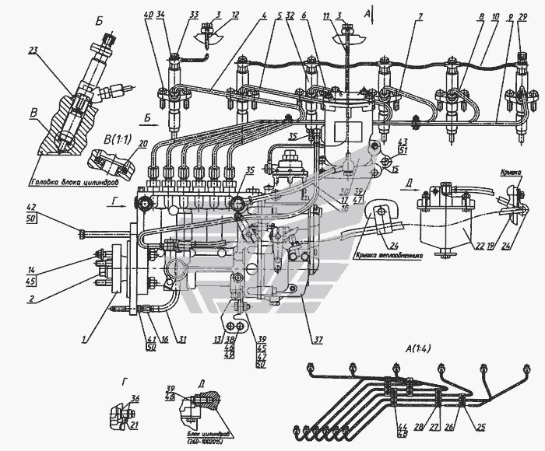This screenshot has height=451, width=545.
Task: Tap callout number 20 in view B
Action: click(x=142, y=143)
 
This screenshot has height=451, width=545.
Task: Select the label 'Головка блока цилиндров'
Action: click(x=74, y=183)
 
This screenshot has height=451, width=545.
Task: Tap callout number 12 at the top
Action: click(x=213, y=15)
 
